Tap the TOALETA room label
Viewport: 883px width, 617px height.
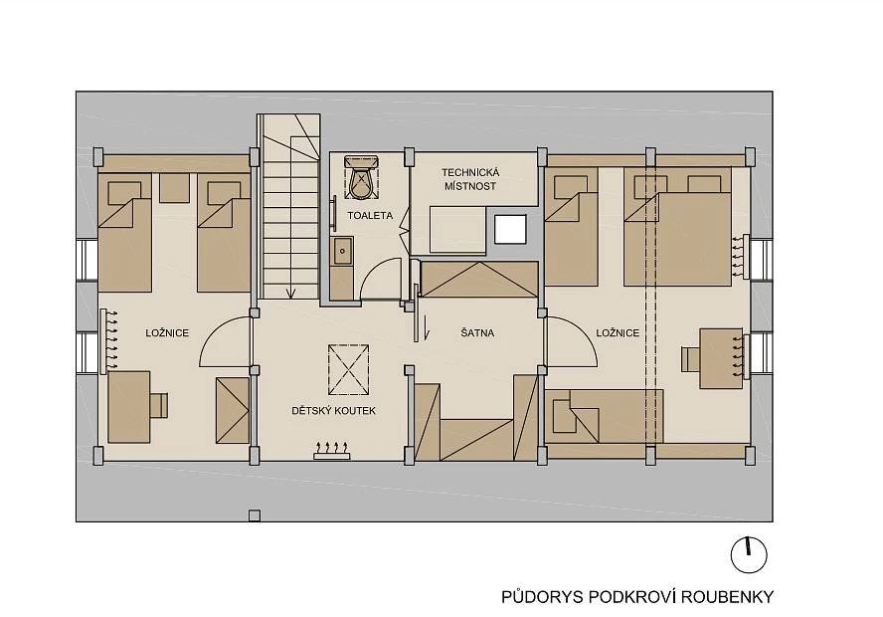click(x=370, y=215)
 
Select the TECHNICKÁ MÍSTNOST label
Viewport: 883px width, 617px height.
click(x=470, y=179)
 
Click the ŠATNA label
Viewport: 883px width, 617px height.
click(x=477, y=333)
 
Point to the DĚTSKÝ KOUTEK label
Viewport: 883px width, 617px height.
click(x=333, y=411)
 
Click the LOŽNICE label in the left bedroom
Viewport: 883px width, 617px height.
click(x=167, y=333)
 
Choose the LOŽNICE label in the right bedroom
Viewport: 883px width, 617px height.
click(x=618, y=333)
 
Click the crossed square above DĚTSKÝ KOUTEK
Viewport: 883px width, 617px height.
click(x=349, y=369)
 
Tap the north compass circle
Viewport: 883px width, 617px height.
click(x=749, y=555)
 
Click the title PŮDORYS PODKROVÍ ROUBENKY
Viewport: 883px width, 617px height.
click(x=637, y=597)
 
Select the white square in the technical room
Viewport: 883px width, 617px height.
click(x=510, y=229)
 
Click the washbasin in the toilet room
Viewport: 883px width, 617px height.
click(x=342, y=252)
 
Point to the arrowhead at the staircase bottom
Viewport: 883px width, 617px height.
click(x=290, y=293)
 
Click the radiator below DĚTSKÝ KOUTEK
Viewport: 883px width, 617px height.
click(x=332, y=451)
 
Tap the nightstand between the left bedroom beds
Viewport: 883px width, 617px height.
click(x=174, y=188)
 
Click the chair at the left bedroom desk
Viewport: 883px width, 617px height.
click(x=159, y=405)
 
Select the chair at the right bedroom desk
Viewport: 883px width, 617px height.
click(x=690, y=359)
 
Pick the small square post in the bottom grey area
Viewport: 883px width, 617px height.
click(x=255, y=515)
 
